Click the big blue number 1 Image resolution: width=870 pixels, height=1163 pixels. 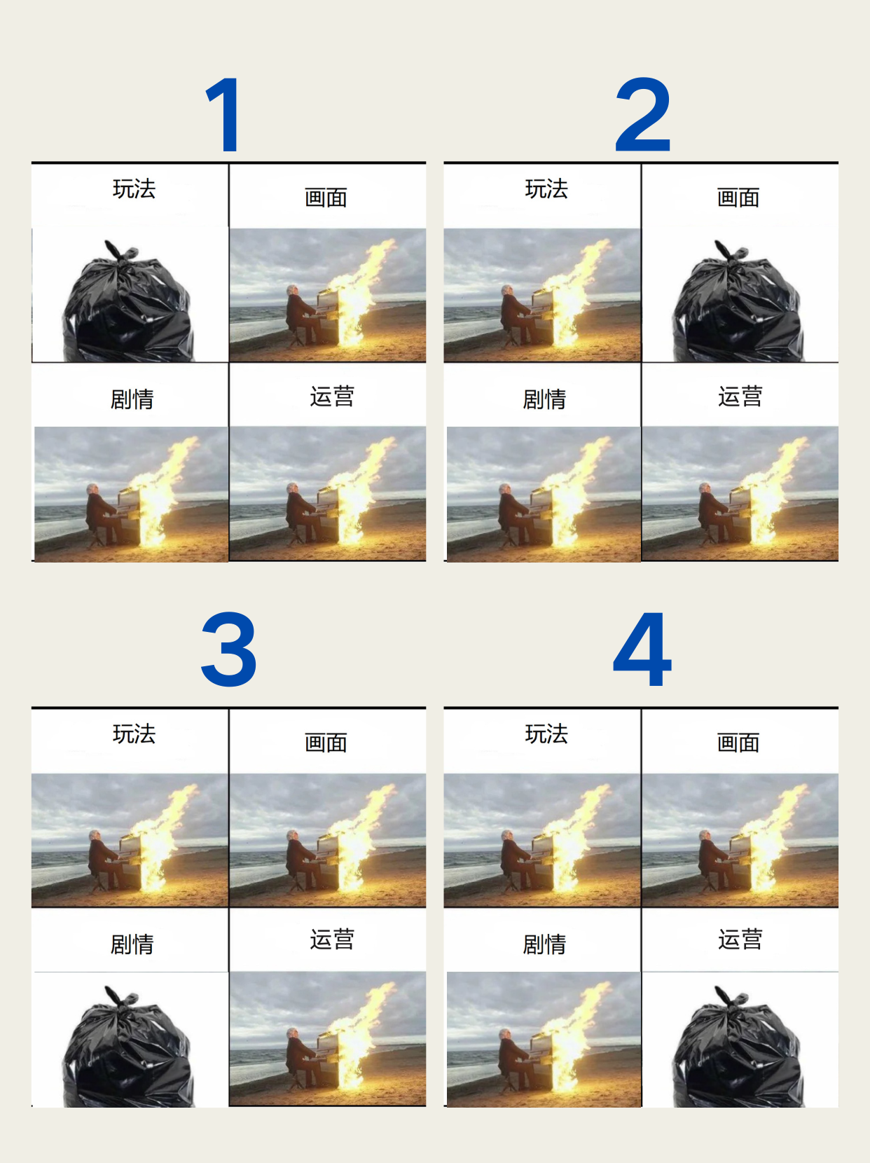[x=223, y=114]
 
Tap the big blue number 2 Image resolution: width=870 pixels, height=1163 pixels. [x=643, y=114]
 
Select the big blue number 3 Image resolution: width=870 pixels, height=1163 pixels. [x=229, y=649]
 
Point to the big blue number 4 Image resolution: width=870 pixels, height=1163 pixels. [x=642, y=649]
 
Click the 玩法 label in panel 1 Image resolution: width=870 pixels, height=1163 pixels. [x=134, y=188]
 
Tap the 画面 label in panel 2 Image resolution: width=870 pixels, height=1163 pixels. [x=738, y=197]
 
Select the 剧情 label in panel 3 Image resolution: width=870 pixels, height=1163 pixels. [x=132, y=944]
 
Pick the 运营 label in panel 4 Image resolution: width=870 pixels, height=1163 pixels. [x=740, y=940]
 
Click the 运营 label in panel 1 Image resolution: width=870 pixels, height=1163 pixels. [x=332, y=397]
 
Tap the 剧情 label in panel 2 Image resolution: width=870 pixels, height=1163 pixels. [x=544, y=399]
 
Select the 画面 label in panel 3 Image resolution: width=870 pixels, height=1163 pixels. [x=326, y=743]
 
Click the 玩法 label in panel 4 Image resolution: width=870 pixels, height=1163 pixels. [x=546, y=734]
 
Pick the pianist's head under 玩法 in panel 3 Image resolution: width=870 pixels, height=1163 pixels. [x=95, y=836]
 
